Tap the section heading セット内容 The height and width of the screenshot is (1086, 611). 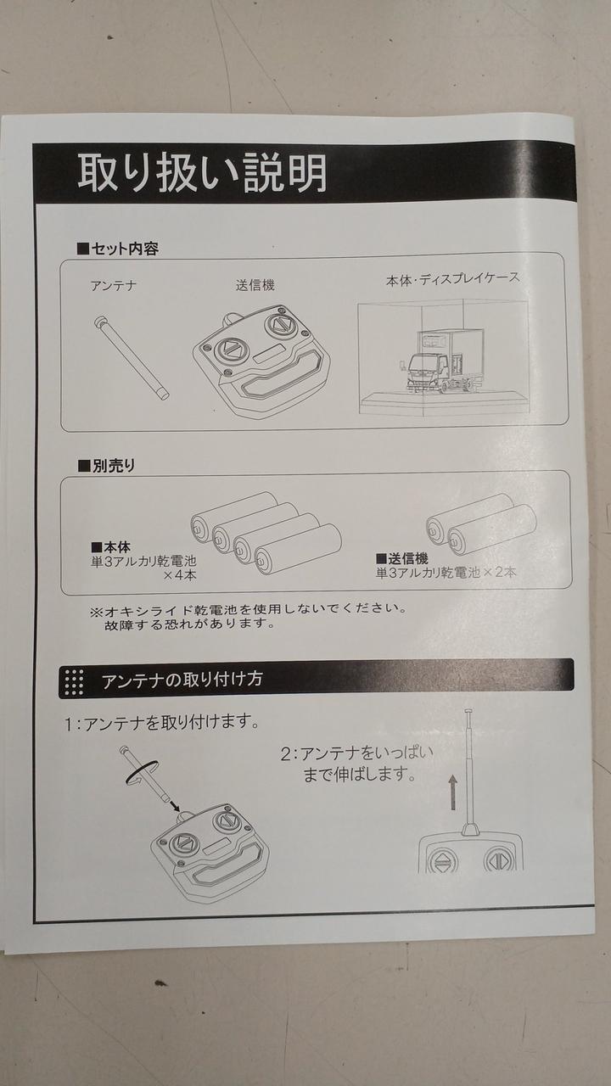[118, 249]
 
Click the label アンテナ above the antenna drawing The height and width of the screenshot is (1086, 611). [114, 285]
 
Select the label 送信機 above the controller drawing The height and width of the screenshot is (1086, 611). [255, 284]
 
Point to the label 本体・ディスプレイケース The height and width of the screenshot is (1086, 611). [452, 279]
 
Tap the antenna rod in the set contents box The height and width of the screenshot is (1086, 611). [131, 358]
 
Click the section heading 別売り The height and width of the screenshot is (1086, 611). [107, 466]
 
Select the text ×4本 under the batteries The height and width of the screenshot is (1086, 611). [179, 575]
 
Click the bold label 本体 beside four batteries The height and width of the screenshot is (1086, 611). [110, 547]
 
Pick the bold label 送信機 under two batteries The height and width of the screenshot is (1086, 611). [402, 558]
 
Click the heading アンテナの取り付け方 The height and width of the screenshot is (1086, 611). [182, 680]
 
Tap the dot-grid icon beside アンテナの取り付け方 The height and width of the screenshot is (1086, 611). [74, 683]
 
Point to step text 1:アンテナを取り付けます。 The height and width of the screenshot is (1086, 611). [162, 724]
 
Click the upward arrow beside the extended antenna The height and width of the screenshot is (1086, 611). [452, 792]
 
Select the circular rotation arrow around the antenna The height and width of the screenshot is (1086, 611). [142, 772]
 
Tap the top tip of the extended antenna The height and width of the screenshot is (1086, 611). [468, 711]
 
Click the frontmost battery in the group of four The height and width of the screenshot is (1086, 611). [298, 549]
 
